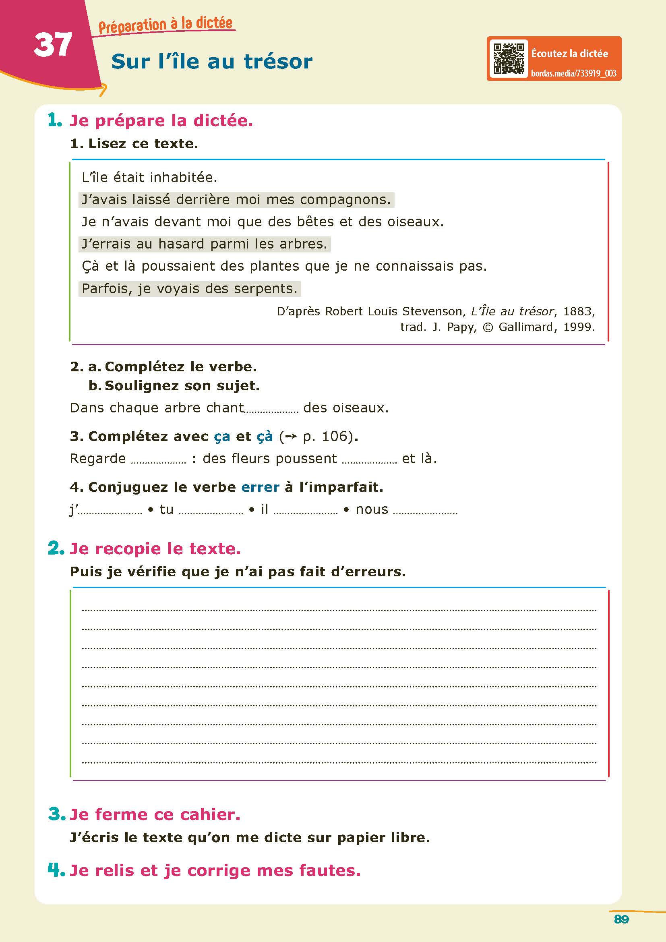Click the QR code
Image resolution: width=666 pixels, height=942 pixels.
pyautogui.click(x=509, y=59)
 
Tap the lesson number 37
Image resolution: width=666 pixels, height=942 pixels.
pyautogui.click(x=53, y=45)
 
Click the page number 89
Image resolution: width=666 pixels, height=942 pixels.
pyautogui.click(x=621, y=919)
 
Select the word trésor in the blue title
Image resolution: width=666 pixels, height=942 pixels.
pyautogui.click(x=278, y=62)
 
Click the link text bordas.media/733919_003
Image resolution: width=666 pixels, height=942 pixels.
pyautogui.click(x=573, y=73)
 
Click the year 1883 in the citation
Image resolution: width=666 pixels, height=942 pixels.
pyautogui.click(x=579, y=311)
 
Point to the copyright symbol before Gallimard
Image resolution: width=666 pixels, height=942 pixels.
pyautogui.click(x=488, y=327)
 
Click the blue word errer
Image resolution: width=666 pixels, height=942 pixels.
pyautogui.click(x=260, y=487)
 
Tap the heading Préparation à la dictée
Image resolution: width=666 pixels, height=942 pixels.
pyautogui.click(x=165, y=25)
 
